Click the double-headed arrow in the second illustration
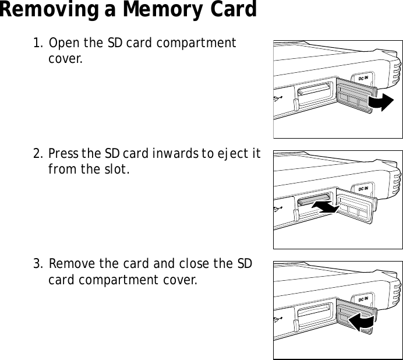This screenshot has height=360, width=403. pos(325,206)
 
